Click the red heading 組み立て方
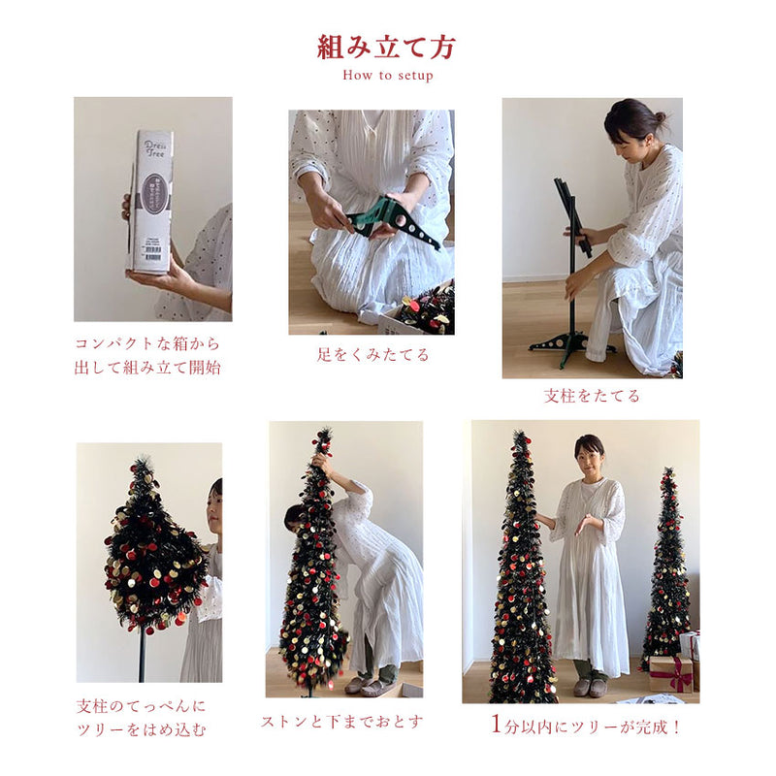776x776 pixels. tap(386, 48)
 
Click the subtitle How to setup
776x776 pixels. tap(388, 76)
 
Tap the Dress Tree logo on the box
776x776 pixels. tap(155, 149)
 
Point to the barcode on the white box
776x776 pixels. tap(153, 256)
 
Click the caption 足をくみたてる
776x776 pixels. tap(372, 354)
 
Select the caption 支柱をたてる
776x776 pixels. tap(592, 396)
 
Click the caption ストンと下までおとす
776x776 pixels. tap(342, 722)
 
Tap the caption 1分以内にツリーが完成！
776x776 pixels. tap(586, 726)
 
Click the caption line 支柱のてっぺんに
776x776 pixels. tap(141, 706)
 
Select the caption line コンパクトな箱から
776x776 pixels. tap(147, 343)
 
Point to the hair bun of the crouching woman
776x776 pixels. tap(660, 117)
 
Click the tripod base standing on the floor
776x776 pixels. tap(571, 345)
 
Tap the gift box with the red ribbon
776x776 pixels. tap(671, 674)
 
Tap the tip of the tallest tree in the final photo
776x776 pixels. tap(519, 432)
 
